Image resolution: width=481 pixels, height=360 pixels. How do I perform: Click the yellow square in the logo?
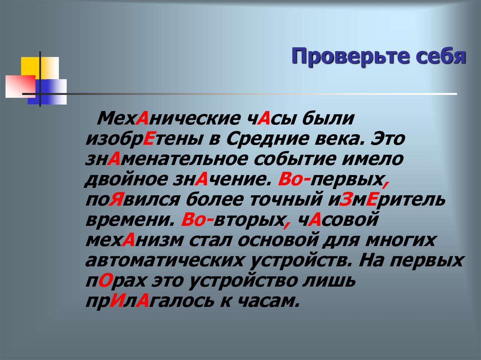point(29,65)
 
